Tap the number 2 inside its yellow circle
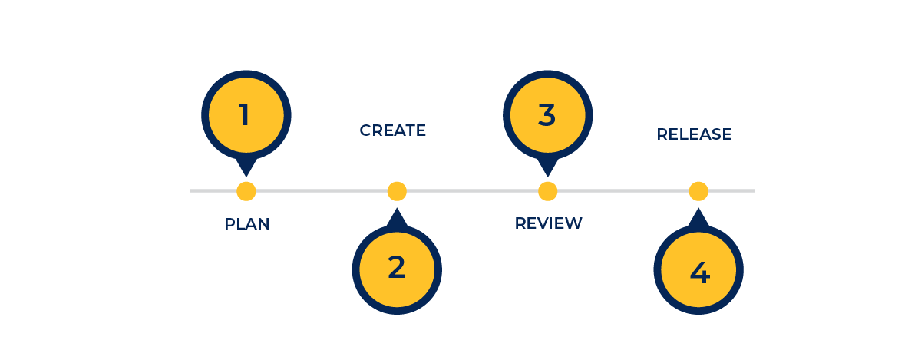pyautogui.click(x=396, y=267)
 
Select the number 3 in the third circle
pyautogui.click(x=547, y=114)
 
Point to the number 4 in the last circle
pyautogui.click(x=699, y=272)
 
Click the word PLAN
pyautogui.click(x=247, y=224)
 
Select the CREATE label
pyautogui.click(x=393, y=130)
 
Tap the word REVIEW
pyautogui.click(x=549, y=223)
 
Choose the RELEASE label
pyautogui.click(x=695, y=134)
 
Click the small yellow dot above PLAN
pyautogui.click(x=246, y=191)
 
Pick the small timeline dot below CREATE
pyautogui.click(x=397, y=191)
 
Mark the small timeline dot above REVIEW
pyautogui.click(x=547, y=191)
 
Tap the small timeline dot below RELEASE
pyautogui.click(x=698, y=191)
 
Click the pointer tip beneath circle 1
pyautogui.click(x=246, y=177)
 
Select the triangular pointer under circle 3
pyautogui.click(x=547, y=167)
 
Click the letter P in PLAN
pyautogui.click(x=229, y=224)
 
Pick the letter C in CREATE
pyautogui.click(x=365, y=130)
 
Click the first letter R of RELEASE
pyautogui.click(x=662, y=134)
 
